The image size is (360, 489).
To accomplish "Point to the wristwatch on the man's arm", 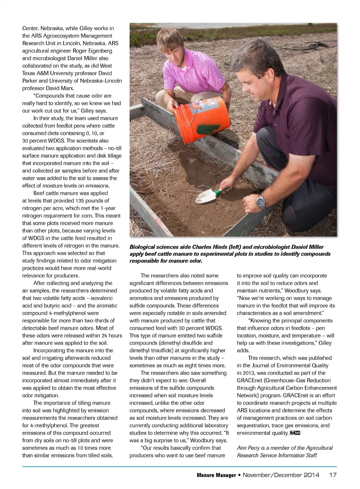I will click(x=261, y=202).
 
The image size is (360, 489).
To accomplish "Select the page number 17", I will click(x=333, y=475).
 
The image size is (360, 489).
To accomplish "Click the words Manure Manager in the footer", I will click(x=216, y=475).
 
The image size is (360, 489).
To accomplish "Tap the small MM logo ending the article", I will click(x=295, y=433).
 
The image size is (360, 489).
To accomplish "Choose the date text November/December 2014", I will click(x=281, y=475).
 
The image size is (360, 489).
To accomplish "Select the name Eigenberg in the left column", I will click(x=99, y=51).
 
